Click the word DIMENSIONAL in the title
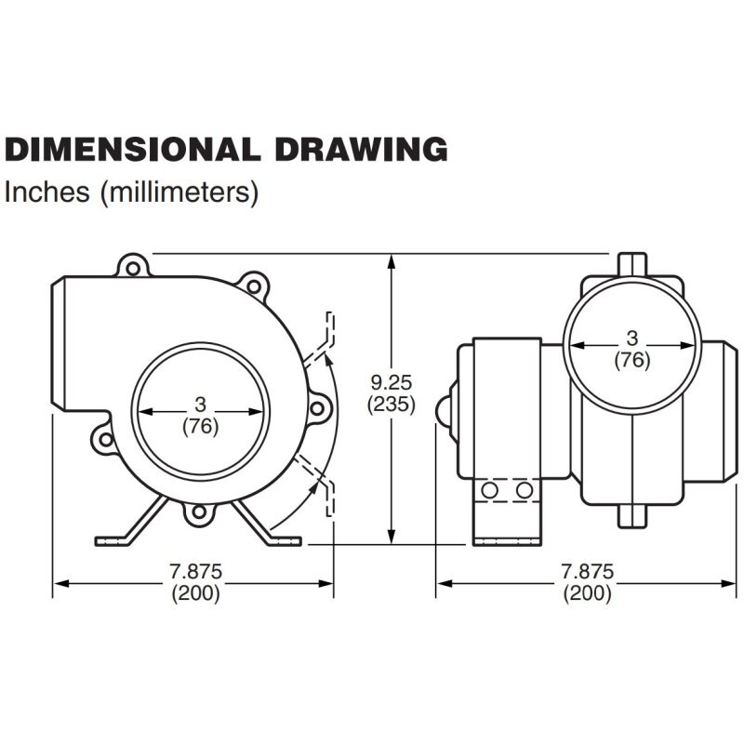[132, 149]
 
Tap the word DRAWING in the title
[361, 149]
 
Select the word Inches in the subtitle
[46, 192]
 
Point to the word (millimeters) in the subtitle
[179, 193]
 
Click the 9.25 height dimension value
[392, 382]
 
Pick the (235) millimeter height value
[392, 404]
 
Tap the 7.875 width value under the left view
[196, 571]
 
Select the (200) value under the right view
[588, 593]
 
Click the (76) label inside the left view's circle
[201, 426]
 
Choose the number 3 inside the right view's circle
[632, 339]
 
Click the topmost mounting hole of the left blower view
[133, 269]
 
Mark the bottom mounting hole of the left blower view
[199, 511]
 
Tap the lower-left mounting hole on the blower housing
[105, 439]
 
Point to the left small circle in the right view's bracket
[489, 490]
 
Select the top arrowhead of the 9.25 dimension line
[391, 262]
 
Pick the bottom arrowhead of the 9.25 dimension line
[391, 537]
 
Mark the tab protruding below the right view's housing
[632, 516]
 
